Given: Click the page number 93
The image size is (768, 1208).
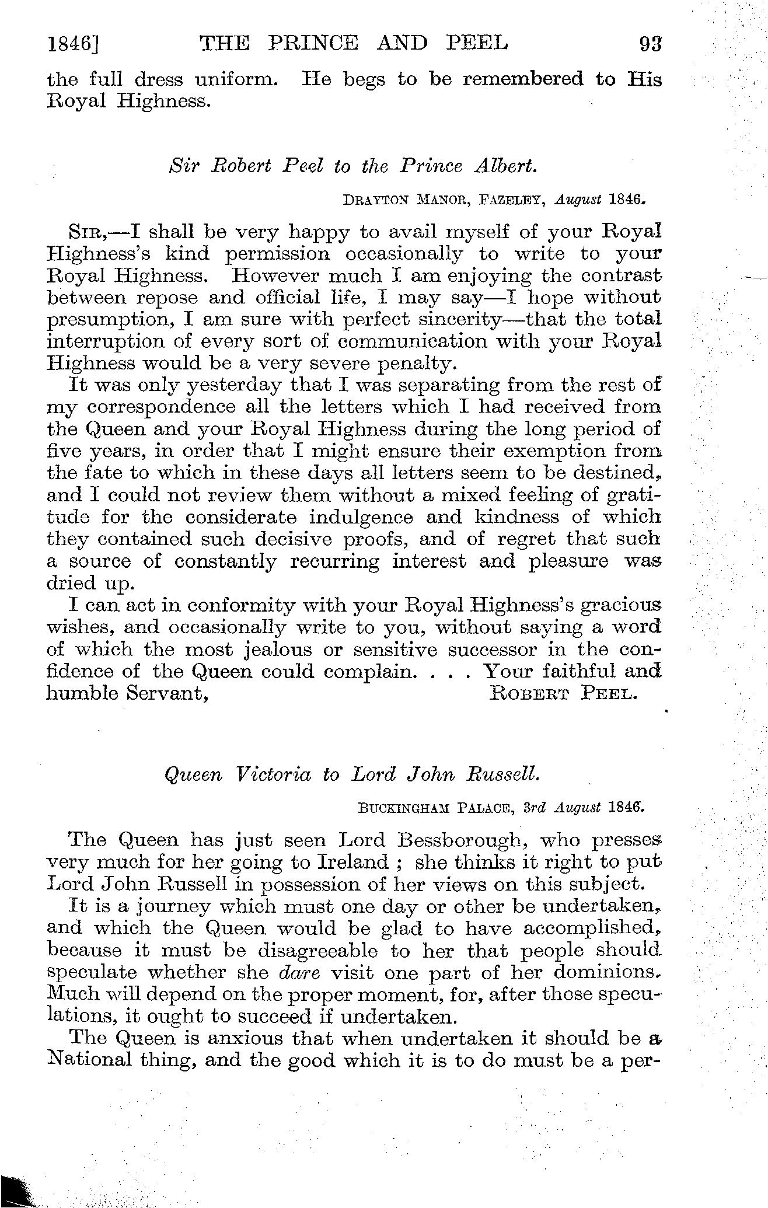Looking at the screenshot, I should point(650,44).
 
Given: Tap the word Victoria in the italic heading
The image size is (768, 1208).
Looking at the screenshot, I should point(272,774).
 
